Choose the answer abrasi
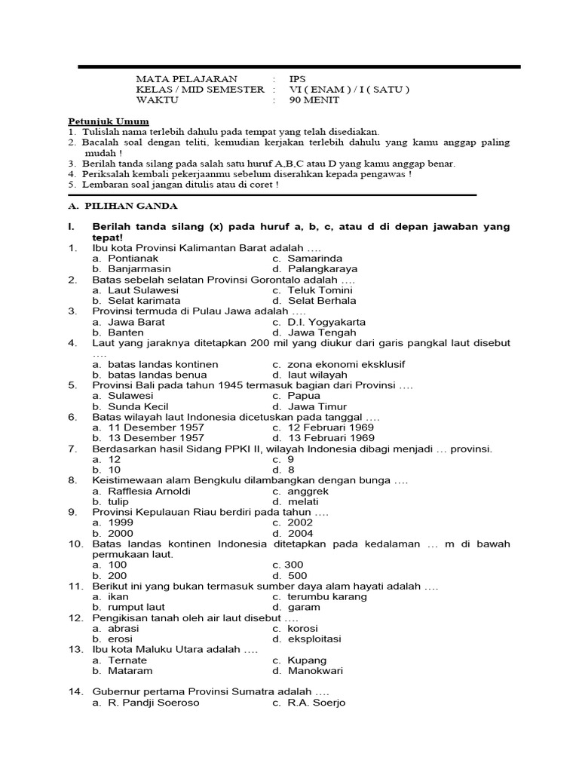click(124, 628)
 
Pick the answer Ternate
click(128, 660)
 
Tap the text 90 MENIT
click(314, 100)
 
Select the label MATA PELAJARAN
click(185, 78)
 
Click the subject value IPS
click(299, 78)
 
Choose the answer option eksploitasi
click(314, 639)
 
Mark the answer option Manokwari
click(317, 670)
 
